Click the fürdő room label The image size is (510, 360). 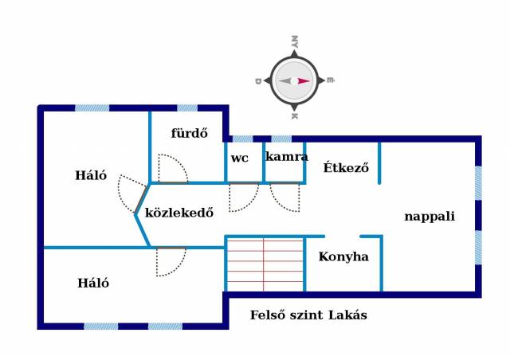(189, 133)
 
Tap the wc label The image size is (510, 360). (239, 158)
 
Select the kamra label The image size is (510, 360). (286, 157)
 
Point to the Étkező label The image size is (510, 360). (347, 168)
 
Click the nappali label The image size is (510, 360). (429, 216)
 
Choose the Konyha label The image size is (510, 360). (343, 256)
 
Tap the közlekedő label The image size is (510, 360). (178, 213)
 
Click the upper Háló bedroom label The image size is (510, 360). (91, 176)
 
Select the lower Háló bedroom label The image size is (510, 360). (93, 283)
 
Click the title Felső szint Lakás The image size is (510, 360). (308, 315)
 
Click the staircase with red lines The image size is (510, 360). (264, 264)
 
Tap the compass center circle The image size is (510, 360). (294, 80)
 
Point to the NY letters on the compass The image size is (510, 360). (294, 42)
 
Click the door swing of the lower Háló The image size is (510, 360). (169, 261)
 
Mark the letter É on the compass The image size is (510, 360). (330, 80)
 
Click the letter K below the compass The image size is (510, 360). (294, 116)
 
